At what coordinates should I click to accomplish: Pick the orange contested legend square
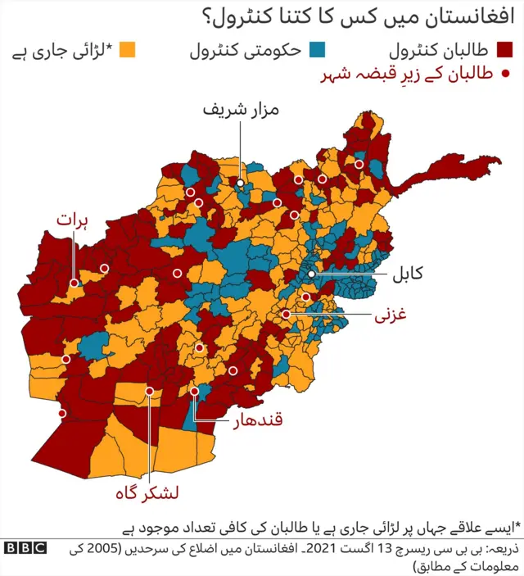tap(127, 51)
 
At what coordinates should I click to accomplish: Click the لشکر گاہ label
tap(147, 493)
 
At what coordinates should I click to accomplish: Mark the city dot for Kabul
tap(312, 275)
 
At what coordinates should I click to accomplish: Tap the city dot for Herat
tap(74, 283)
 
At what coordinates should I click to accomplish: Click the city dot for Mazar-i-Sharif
tap(241, 184)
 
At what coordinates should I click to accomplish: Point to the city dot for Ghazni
tap(287, 314)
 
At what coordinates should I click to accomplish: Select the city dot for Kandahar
tap(195, 392)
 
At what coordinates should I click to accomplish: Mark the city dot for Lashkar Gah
tap(149, 391)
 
